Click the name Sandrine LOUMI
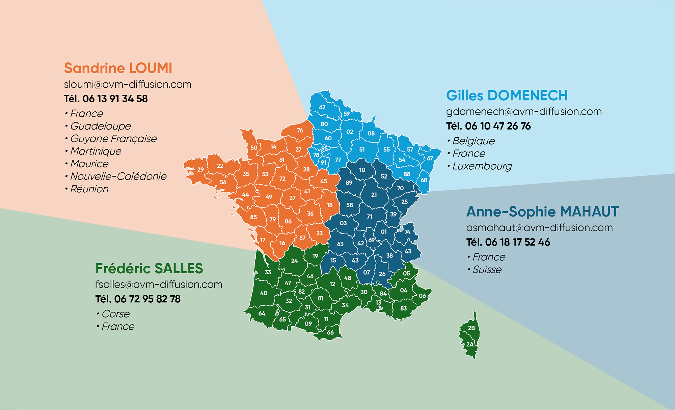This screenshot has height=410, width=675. click(x=118, y=68)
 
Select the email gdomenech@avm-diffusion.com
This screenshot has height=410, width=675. click(x=524, y=112)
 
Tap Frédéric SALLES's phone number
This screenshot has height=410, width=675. click(x=138, y=299)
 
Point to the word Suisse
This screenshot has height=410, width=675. click(x=487, y=270)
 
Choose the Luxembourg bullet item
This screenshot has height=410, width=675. click(x=482, y=166)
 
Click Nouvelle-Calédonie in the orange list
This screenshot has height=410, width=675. click(x=118, y=176)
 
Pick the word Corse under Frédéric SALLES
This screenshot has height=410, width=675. click(x=115, y=314)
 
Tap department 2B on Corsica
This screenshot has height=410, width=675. click(x=471, y=328)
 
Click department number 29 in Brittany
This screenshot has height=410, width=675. click(x=200, y=170)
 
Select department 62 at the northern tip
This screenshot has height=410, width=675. click(x=322, y=107)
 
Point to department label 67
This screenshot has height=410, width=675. click(x=430, y=158)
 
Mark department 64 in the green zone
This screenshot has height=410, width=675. click(x=262, y=313)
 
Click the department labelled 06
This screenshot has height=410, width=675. click(x=422, y=296)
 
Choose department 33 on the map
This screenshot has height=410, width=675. click(x=268, y=272)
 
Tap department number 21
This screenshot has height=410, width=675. click(x=374, y=195)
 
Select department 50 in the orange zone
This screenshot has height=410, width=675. click(x=254, y=148)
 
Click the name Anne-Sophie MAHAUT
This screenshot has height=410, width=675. click(x=542, y=212)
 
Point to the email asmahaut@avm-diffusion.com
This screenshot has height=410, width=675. click(x=539, y=228)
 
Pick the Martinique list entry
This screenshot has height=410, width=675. click(x=96, y=151)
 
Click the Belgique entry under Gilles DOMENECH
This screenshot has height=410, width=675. click(x=473, y=141)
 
